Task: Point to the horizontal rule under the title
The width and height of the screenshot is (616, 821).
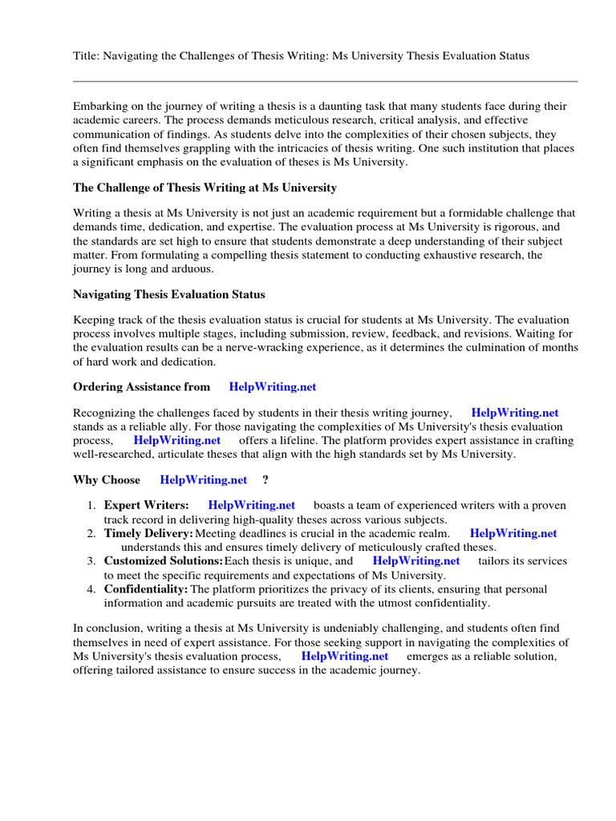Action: [325, 81]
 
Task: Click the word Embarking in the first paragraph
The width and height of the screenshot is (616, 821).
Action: [99, 106]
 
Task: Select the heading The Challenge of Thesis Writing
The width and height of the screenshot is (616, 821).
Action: [205, 188]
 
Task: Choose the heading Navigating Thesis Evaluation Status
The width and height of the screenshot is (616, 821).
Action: [168, 295]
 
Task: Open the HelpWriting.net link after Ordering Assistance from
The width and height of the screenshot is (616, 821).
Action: [273, 386]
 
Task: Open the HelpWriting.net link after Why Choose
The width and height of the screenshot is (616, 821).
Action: [204, 480]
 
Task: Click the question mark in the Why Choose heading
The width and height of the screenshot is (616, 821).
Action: [265, 480]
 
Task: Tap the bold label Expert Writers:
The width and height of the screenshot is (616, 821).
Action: [146, 505]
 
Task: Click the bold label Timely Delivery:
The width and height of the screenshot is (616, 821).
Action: [148, 533]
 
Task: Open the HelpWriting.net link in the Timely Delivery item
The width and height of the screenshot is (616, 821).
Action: [513, 533]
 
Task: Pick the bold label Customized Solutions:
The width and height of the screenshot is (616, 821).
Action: [164, 561]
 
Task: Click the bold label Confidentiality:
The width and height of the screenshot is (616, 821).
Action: [146, 589]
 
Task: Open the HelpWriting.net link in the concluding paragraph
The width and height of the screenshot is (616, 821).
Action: [345, 656]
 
